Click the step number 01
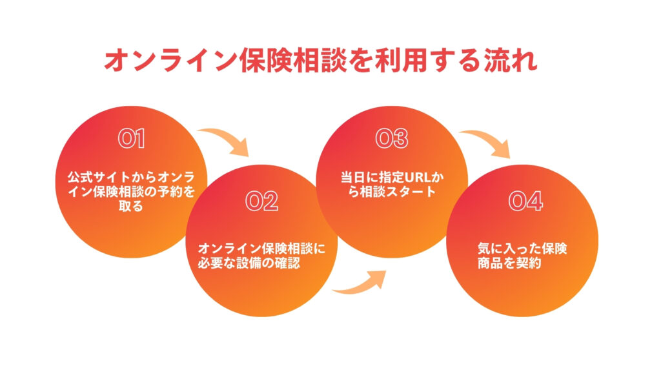pos(132,139)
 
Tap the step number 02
pos(262,201)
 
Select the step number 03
pos(392,139)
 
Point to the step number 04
pos(525,201)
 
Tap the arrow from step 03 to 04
pos(489,140)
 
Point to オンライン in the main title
pos(170,61)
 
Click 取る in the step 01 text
pos(131,206)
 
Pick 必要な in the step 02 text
pos(217,263)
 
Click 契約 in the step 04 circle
pos(529,263)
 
